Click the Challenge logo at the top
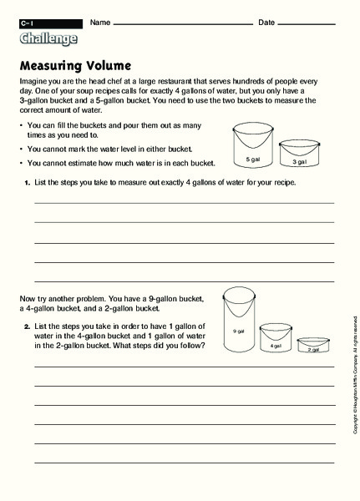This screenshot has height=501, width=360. pos(48,38)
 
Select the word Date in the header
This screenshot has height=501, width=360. pos(267,21)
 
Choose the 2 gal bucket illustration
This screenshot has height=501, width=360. pos(313,346)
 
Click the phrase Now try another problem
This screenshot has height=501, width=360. pos(63,297)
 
